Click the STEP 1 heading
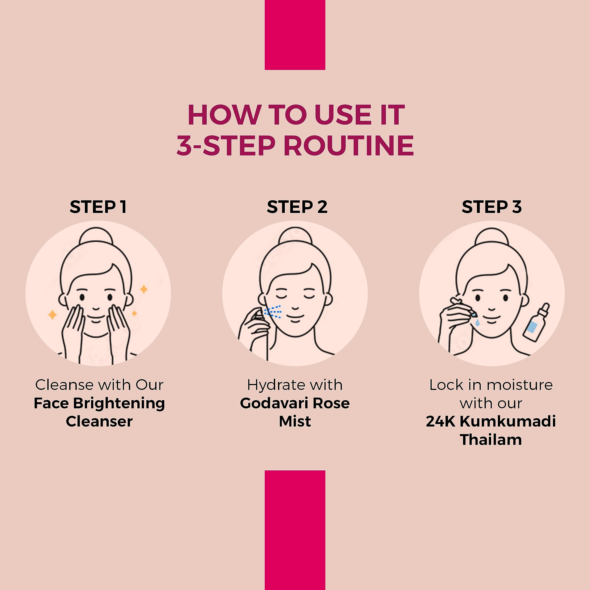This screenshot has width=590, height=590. click(x=98, y=207)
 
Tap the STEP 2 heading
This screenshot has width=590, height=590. click(x=297, y=207)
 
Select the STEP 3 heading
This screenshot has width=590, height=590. click(x=492, y=207)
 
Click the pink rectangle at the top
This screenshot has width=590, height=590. click(x=295, y=35)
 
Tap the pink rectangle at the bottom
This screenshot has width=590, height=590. click(x=295, y=530)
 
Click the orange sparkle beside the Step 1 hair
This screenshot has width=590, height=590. click(x=144, y=289)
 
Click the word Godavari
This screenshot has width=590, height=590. click(x=274, y=403)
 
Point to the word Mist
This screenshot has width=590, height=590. click(x=295, y=422)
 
